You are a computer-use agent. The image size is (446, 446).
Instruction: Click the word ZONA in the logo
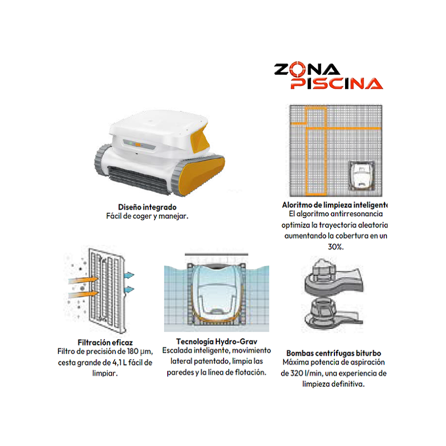(307, 69)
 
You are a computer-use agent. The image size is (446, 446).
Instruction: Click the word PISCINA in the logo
(337, 84)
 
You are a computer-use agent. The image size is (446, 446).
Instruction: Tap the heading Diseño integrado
(147, 207)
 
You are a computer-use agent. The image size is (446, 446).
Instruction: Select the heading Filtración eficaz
(105, 342)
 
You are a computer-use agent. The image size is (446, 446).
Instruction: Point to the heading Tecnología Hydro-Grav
(216, 341)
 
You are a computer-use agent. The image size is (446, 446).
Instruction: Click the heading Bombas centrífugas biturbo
(333, 353)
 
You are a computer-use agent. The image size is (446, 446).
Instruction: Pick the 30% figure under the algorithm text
(336, 246)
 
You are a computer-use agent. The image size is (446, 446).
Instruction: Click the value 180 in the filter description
(133, 351)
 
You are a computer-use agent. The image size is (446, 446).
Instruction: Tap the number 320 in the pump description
(297, 373)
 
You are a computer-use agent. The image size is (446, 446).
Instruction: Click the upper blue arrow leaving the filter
(129, 275)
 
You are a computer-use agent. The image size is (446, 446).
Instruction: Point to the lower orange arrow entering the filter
(83, 294)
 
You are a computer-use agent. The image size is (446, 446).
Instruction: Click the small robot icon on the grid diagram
(361, 176)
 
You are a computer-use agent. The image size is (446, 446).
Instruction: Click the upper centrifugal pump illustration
(332, 278)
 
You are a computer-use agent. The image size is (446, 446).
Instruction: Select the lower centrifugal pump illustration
(332, 314)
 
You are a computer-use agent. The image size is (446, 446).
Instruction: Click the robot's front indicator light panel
(139, 144)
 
